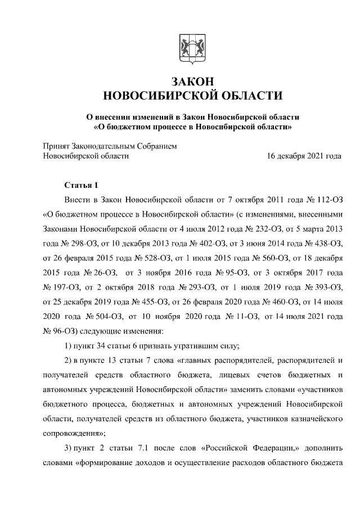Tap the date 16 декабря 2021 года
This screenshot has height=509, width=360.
tap(304, 156)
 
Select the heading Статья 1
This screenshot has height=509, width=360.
tap(82, 185)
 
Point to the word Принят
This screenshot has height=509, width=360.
tap(57, 146)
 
